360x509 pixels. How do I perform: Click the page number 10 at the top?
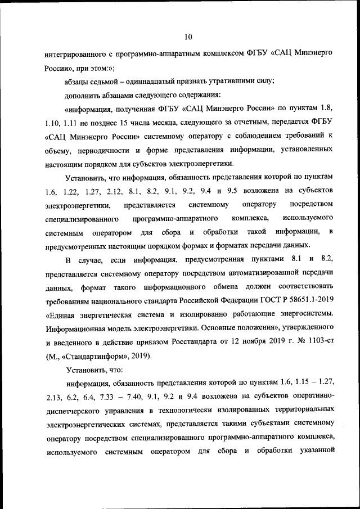pos(188,37)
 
